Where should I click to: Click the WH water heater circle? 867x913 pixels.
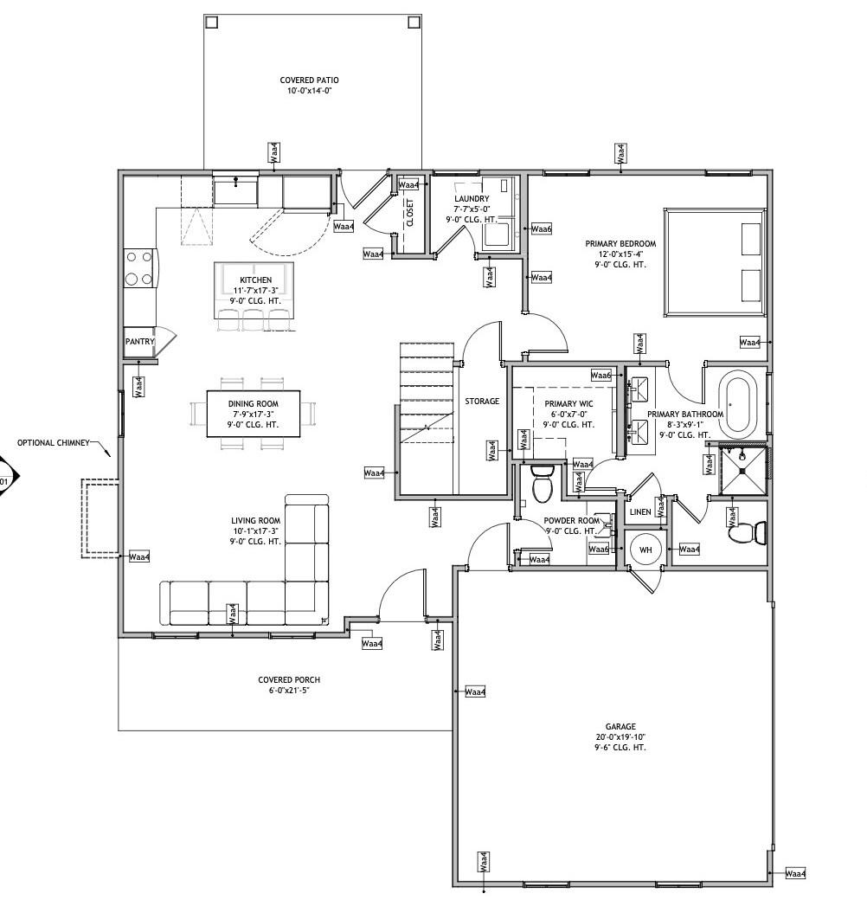pyautogui.click(x=645, y=549)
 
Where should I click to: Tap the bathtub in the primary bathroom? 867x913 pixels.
pyautogui.click(x=738, y=403)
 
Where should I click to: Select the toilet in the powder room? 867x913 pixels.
pyautogui.click(x=543, y=483)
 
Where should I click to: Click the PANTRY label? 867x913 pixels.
pyautogui.click(x=140, y=341)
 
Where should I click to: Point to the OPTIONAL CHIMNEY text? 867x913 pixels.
pyautogui.click(x=54, y=442)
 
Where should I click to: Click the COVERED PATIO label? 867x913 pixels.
pyautogui.click(x=309, y=80)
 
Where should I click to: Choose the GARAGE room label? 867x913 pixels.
pyautogui.click(x=620, y=726)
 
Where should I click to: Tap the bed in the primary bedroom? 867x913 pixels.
pyautogui.click(x=715, y=262)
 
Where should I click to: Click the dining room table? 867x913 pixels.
pyautogui.click(x=254, y=414)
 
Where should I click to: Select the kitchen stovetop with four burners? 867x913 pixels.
pyautogui.click(x=140, y=268)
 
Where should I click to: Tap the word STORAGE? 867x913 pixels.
pyautogui.click(x=482, y=402)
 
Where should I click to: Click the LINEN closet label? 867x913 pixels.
pyautogui.click(x=640, y=511)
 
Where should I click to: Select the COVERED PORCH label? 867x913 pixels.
pyautogui.click(x=289, y=679)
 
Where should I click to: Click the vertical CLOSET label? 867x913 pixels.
pyautogui.click(x=410, y=213)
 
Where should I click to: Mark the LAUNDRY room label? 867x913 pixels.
pyautogui.click(x=472, y=198)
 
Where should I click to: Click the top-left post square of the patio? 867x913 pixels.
pyautogui.click(x=211, y=23)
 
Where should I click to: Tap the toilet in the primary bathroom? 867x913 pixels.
pyautogui.click(x=748, y=532)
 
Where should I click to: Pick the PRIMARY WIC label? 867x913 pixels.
pyautogui.click(x=568, y=403)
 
